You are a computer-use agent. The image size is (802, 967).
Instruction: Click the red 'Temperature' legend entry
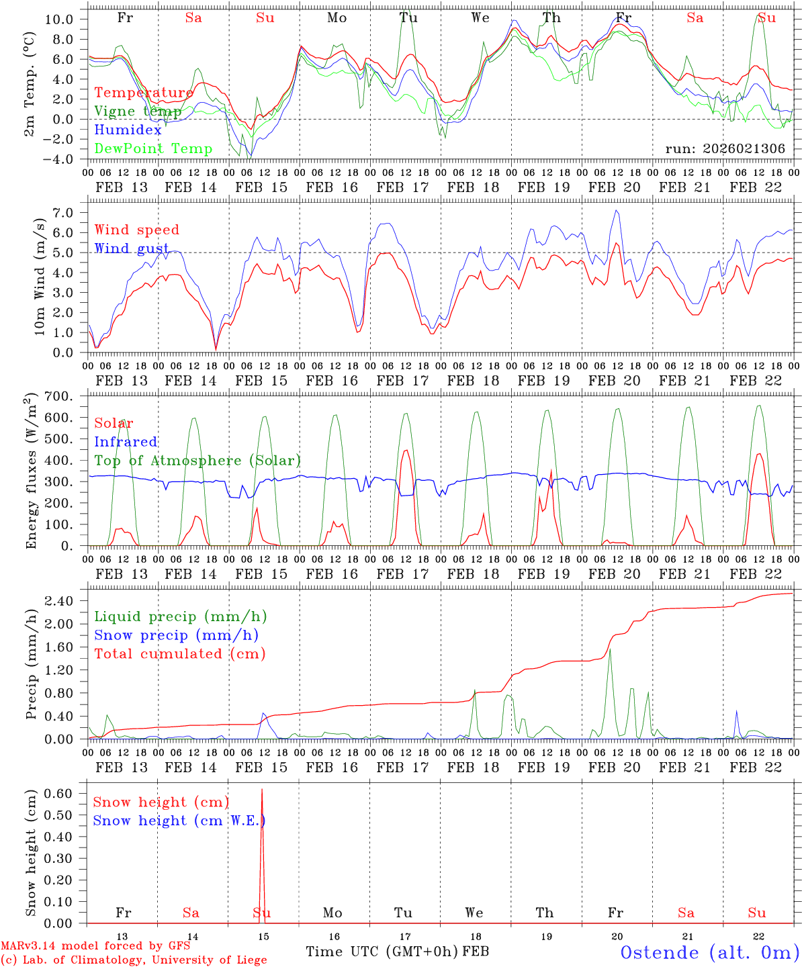pos(144,93)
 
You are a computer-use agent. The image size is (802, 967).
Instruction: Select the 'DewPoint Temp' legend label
pos(153,149)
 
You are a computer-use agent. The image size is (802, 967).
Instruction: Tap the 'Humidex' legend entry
pos(128,130)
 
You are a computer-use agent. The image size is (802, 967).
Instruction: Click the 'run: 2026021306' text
pos(725,149)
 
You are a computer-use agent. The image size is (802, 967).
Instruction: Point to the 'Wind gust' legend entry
pos(132,248)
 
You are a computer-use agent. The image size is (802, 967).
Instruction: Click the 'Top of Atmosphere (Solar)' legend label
pos(197,461)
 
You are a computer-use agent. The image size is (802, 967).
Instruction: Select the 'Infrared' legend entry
pos(126,442)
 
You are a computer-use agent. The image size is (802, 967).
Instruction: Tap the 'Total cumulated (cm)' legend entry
pos(180,654)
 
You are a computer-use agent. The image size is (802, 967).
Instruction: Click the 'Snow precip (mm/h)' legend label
pos(176,635)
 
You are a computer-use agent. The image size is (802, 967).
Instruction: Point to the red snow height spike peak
pos(262,790)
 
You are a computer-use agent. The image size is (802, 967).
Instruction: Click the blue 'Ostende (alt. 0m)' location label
pos(709,952)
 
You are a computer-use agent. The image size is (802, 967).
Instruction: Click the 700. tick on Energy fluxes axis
pos(68,397)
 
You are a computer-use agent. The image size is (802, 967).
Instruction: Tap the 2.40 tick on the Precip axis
pos(68,601)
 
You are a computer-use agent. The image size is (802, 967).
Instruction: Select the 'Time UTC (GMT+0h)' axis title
pos(382,952)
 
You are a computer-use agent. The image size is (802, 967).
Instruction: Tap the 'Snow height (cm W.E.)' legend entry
pos(179,821)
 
